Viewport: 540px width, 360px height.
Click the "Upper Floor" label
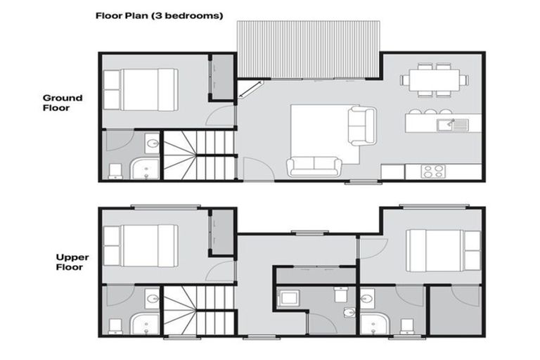tap(72, 262)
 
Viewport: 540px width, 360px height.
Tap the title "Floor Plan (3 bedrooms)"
tap(159, 15)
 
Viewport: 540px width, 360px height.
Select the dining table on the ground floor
tap(435, 79)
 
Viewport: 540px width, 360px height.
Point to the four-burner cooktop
tap(432, 171)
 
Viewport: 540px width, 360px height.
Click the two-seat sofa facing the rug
tap(314, 167)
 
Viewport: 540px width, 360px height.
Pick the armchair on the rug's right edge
tap(363, 126)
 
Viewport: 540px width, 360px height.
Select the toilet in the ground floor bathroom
tap(115, 171)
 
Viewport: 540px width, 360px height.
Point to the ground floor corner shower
tap(146, 169)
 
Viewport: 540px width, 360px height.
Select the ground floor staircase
tap(199, 155)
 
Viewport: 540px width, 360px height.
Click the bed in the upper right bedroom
tap(443, 250)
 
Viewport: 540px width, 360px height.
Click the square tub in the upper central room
tap(288, 299)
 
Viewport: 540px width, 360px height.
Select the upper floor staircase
tap(199, 310)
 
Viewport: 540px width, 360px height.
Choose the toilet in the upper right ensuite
tap(406, 325)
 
